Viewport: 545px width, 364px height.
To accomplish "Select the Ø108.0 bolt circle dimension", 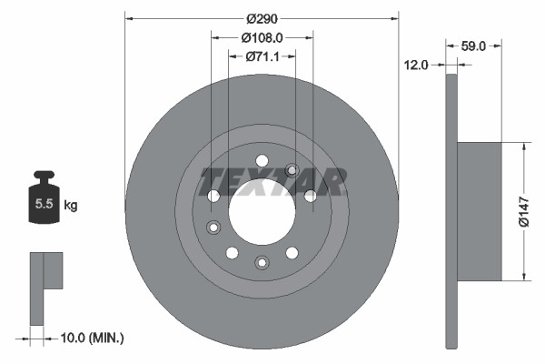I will pyautogui.click(x=262, y=37).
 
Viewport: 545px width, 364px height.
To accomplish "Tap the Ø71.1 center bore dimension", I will pyautogui.click(x=262, y=56).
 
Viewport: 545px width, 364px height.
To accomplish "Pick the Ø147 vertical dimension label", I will pyautogui.click(x=524, y=210).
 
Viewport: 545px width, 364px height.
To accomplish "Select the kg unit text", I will pyautogui.click(x=71, y=206).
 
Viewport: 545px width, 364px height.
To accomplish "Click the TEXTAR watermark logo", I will pyautogui.click(x=272, y=181).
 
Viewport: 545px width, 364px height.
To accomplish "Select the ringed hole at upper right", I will pyautogui.click(x=292, y=169).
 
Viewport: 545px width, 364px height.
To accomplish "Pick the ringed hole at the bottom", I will pyautogui.click(x=262, y=263).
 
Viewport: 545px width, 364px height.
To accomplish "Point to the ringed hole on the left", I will pyautogui.click(x=213, y=227).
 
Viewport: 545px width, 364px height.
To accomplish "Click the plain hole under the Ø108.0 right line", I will pyautogui.click(x=311, y=195).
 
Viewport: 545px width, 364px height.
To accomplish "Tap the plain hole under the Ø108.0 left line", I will pyautogui.click(x=213, y=195).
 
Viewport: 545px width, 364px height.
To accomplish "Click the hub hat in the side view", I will pyautogui.click(x=479, y=210).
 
